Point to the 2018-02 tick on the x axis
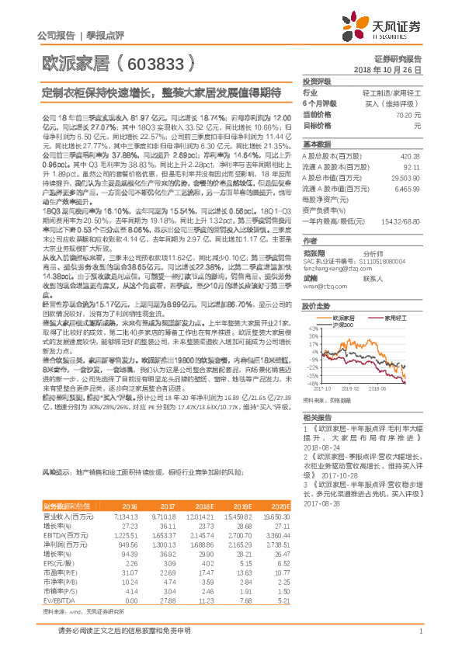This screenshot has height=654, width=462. coord(351,389)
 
